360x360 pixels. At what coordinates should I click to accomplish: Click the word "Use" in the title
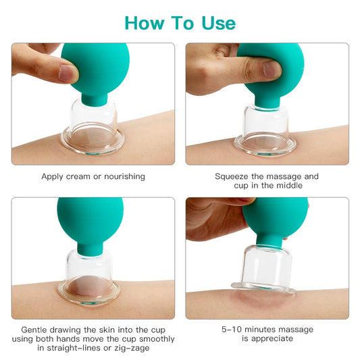click(216, 22)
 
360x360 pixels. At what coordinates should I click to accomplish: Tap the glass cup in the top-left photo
click(93, 125)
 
